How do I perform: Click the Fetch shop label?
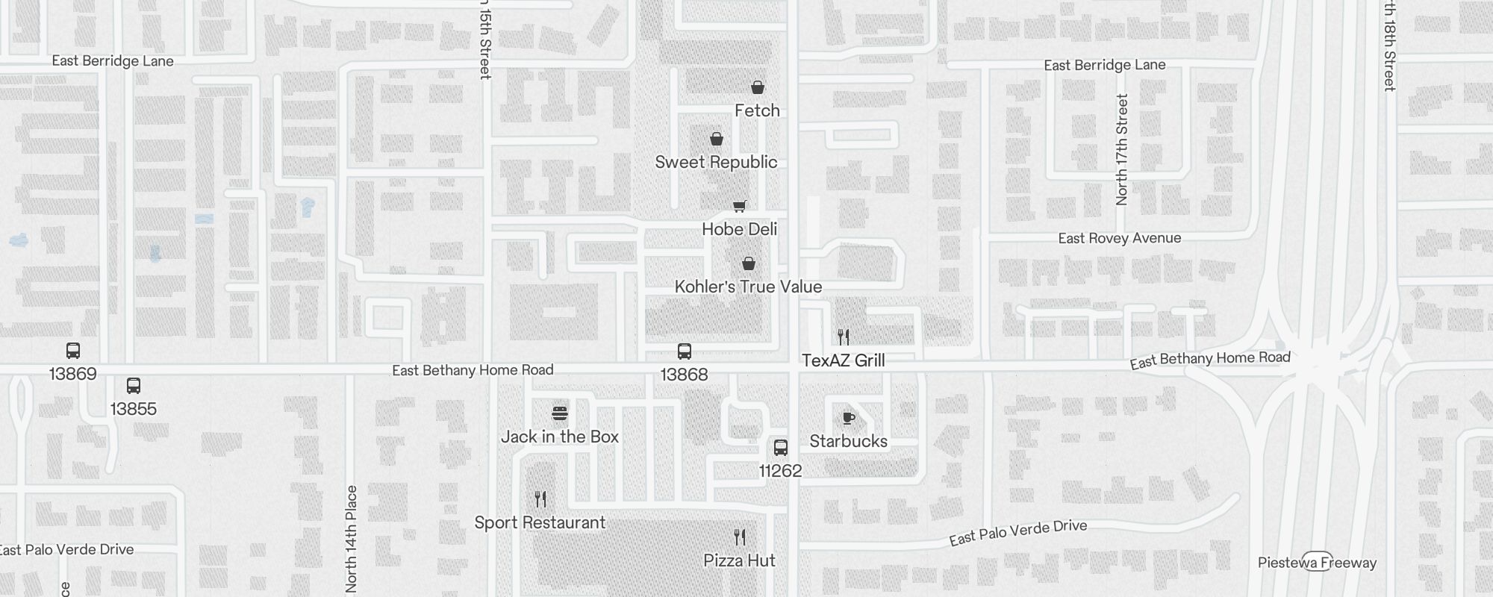coord(757,110)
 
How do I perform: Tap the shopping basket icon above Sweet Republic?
coord(717,139)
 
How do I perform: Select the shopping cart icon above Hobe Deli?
coord(739,206)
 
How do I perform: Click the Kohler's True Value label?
coord(748,287)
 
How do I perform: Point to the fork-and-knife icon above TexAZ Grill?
coord(844,337)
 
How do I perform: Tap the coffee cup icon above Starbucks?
coord(849,417)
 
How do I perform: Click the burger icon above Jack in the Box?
coord(560,413)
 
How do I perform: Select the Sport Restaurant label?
coord(540,522)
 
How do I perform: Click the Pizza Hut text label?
coord(739,560)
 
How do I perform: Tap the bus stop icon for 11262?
coord(781,448)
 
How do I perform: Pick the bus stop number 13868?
coord(684,375)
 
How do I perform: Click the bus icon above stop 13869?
coord(73,351)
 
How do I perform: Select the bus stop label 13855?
coord(133,409)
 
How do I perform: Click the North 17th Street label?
coord(1121,149)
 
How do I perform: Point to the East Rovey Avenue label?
coord(1119,238)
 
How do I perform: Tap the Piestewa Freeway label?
coord(1317,563)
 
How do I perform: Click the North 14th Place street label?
coord(352,538)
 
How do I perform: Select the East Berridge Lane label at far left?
coord(113,61)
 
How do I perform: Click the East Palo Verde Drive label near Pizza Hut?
coord(1017,532)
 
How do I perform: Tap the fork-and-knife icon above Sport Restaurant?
coord(540,498)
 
